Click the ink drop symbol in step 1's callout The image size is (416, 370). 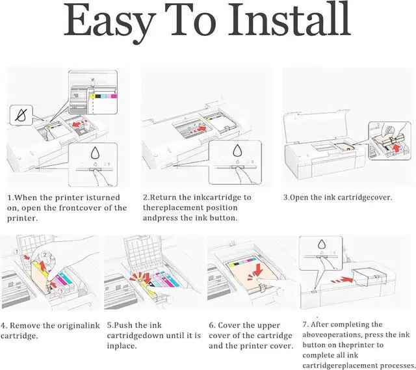point(96,153)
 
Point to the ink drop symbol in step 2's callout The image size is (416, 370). point(237,153)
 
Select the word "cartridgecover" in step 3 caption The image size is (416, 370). point(360,197)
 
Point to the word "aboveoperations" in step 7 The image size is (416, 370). point(335,334)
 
